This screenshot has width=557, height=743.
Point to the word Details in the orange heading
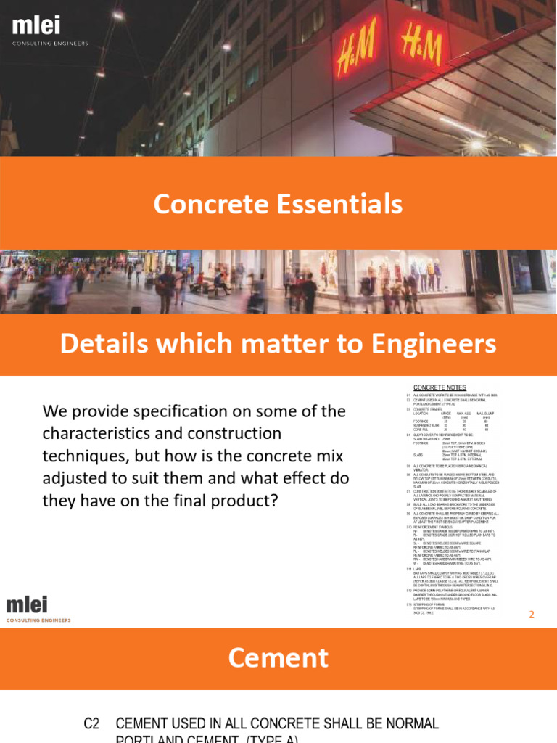pyautogui.click(x=102, y=344)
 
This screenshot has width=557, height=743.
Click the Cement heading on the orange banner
pyautogui.click(x=278, y=658)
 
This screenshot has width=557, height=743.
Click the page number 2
pyautogui.click(x=532, y=615)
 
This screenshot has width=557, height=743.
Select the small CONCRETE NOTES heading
pyautogui.click(x=440, y=387)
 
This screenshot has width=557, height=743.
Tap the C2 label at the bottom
pyautogui.click(x=92, y=723)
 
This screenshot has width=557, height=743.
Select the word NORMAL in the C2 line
pyautogui.click(x=404, y=723)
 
